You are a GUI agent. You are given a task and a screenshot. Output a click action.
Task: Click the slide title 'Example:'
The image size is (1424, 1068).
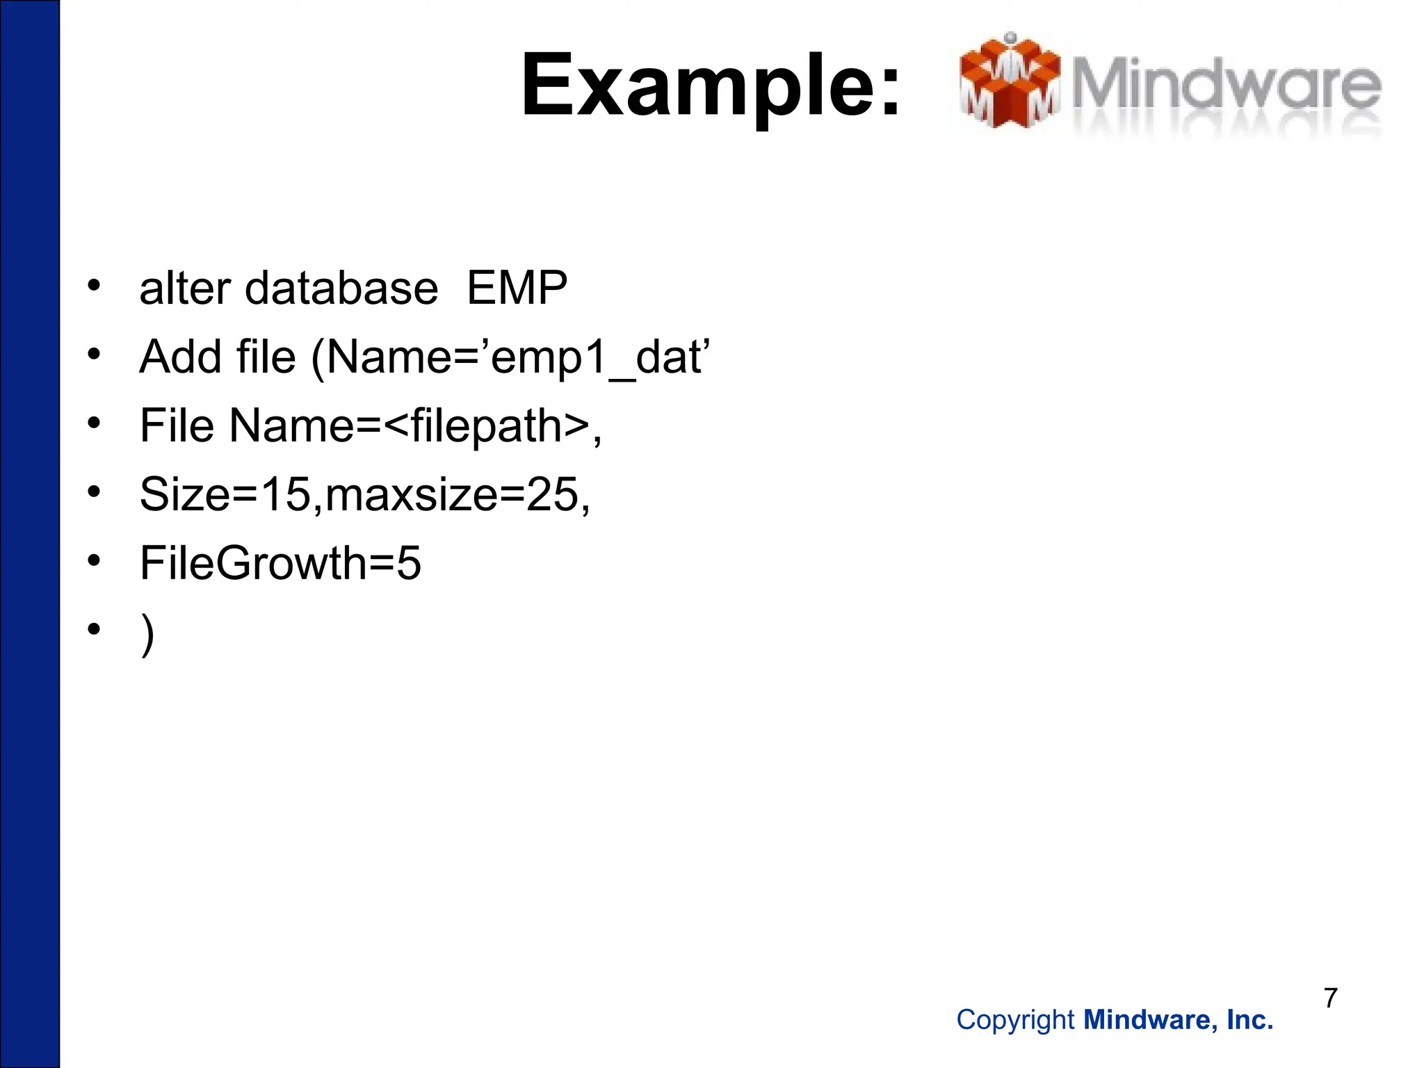point(711,86)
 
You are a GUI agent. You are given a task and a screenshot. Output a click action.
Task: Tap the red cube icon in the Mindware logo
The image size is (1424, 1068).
point(1010,82)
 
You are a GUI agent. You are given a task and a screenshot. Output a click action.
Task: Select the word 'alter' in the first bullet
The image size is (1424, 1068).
point(184,288)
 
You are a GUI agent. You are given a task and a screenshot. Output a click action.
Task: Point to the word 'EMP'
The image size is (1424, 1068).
point(517,288)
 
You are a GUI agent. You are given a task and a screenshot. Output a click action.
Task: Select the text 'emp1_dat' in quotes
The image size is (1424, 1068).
point(599,358)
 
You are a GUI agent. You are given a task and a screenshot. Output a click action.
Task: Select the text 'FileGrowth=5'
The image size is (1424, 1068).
point(280,563)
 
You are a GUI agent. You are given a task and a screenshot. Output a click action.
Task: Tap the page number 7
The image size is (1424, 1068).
point(1330,998)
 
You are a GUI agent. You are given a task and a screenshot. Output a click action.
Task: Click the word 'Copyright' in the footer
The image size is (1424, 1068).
point(1015,1020)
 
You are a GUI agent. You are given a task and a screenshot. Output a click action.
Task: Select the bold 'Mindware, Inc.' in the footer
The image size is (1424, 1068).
point(1179,1020)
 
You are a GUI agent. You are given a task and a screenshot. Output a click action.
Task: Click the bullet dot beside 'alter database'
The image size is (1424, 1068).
point(95,285)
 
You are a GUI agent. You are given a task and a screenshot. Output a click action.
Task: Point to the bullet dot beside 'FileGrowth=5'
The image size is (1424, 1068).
point(95,560)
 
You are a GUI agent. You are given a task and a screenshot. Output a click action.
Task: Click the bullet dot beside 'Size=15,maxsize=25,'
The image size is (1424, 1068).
point(95,491)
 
